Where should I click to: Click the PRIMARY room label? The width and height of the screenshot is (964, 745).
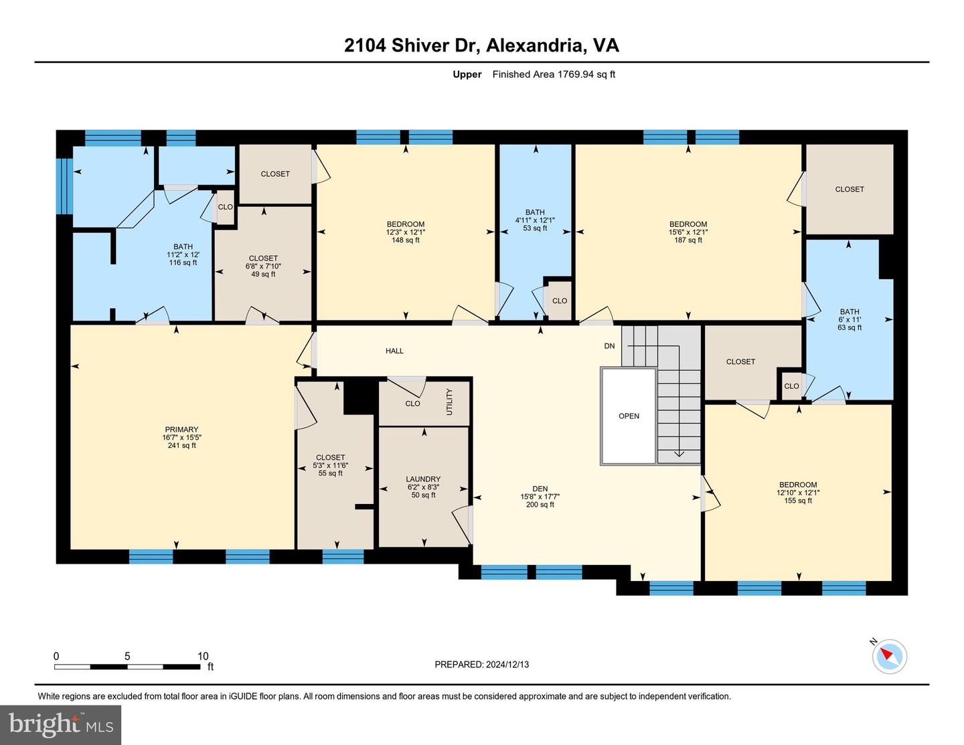181,429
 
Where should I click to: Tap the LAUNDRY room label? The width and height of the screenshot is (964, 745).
423,479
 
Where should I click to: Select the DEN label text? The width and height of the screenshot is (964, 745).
540,489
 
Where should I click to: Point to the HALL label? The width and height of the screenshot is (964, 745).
394,351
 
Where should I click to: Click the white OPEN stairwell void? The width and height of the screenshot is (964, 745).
628,416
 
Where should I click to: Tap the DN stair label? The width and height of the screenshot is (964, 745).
609,346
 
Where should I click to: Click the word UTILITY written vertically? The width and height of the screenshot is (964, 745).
449,402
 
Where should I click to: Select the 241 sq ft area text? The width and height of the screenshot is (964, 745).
181,445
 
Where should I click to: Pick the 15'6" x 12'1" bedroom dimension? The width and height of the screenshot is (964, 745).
688,232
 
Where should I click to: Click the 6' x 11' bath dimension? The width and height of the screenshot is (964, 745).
849,319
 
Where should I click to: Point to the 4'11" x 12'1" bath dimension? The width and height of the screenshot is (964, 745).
535,220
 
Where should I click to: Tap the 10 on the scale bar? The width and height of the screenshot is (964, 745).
203,656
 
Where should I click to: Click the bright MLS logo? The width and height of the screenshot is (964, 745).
61,725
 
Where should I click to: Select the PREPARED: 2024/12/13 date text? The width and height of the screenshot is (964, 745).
482,664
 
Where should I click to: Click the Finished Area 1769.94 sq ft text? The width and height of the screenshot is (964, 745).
554,74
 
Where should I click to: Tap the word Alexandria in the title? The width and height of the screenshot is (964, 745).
534,46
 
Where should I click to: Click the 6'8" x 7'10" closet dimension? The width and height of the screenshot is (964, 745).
263,266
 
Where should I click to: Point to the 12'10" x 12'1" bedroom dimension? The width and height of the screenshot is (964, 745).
797,493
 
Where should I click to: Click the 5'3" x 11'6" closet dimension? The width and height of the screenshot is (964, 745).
330,465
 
